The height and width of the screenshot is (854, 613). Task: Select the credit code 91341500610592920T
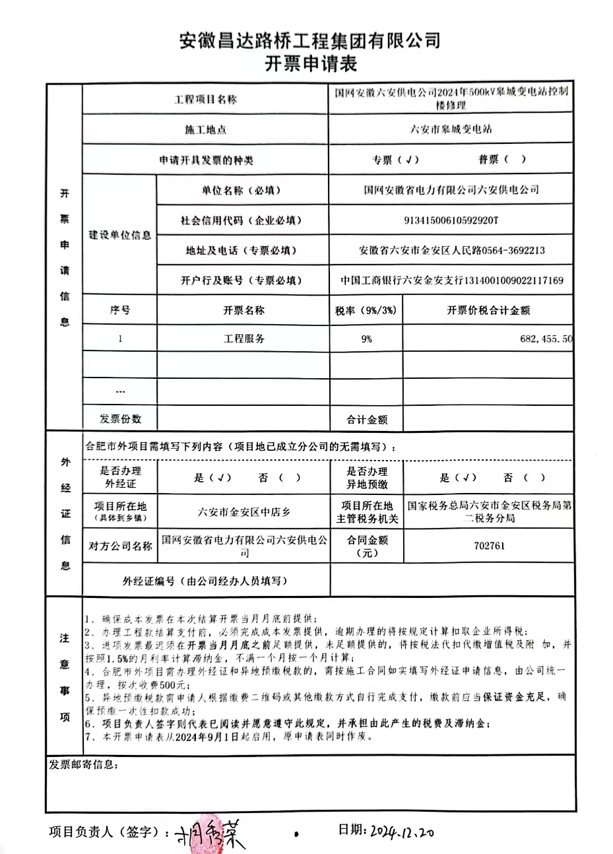pyautogui.click(x=451, y=220)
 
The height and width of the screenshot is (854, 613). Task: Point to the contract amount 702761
pyautogui.click(x=489, y=546)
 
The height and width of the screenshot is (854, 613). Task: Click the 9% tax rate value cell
pyautogui.click(x=366, y=339)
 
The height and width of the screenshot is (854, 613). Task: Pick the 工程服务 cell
pyautogui.click(x=243, y=339)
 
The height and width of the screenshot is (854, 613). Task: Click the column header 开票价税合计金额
pyautogui.click(x=488, y=310)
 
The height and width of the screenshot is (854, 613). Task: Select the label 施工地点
pyautogui.click(x=205, y=130)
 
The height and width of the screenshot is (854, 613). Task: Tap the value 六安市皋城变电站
pyautogui.click(x=451, y=129)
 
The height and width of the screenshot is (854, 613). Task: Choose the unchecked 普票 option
pyautogui.click(x=502, y=160)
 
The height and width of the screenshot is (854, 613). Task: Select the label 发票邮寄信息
pyautogui.click(x=83, y=765)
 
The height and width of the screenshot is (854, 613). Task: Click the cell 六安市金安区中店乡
pyautogui.click(x=243, y=511)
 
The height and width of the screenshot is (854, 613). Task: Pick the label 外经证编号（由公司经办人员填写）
pyautogui.click(x=205, y=581)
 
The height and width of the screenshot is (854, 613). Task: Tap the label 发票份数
pyautogui.click(x=120, y=418)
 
